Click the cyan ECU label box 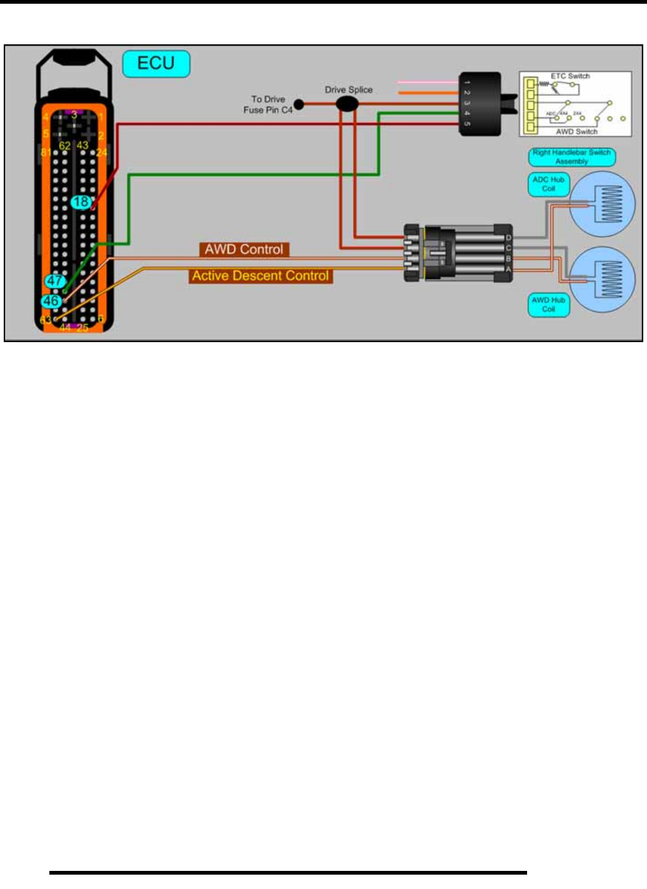(156, 64)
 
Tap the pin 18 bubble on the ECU (81, 202)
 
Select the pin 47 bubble (55, 281)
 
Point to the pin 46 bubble (51, 301)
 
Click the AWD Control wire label (244, 250)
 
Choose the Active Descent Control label (260, 276)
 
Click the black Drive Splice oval (347, 104)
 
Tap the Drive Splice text (348, 90)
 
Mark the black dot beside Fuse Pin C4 (299, 104)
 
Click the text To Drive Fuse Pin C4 (268, 104)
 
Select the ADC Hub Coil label (548, 184)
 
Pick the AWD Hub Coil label (548, 305)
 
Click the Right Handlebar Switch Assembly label (571, 157)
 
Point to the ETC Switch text (570, 76)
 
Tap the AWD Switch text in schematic (576, 132)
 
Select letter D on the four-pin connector (508, 238)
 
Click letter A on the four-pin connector (508, 269)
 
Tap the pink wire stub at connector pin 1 (428, 82)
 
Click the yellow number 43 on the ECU (82, 145)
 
